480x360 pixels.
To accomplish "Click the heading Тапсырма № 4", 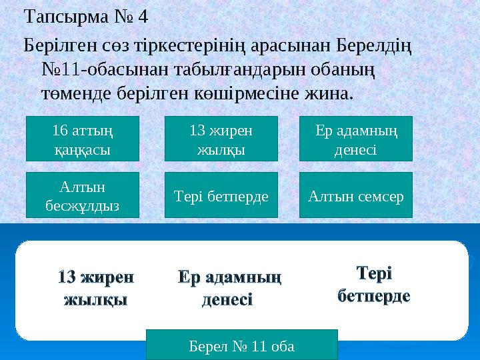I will (x=85, y=16).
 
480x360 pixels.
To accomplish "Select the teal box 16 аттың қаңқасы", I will (x=82, y=139).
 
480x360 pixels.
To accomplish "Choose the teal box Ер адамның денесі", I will (x=355, y=139).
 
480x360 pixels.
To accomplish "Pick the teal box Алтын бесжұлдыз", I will (x=82, y=195).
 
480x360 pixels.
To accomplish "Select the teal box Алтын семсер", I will (x=355, y=195).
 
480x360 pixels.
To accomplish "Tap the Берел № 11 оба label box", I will (x=241, y=345).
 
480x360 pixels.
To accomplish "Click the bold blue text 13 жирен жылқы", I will (x=96, y=287).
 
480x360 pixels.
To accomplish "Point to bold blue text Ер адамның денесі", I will (x=229, y=287).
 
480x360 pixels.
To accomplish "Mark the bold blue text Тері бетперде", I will (x=373, y=283).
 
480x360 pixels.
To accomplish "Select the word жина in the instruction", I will (x=329, y=91).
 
